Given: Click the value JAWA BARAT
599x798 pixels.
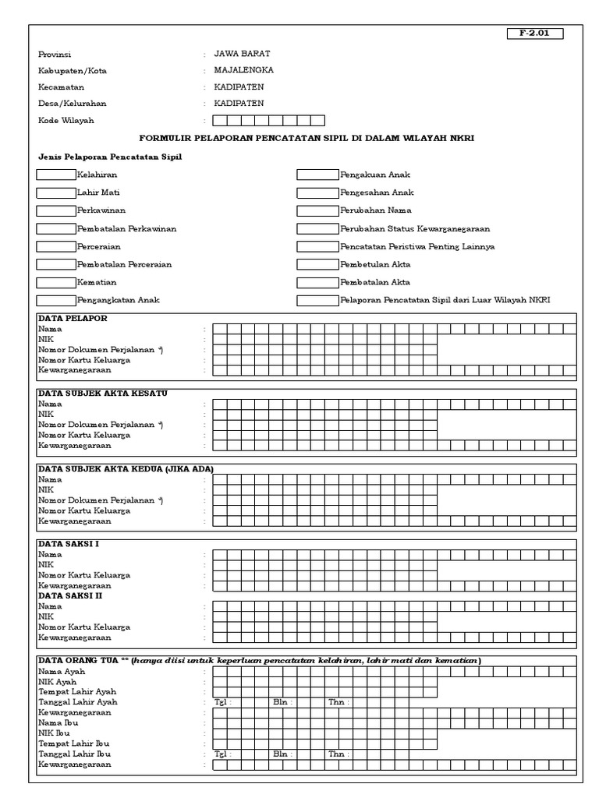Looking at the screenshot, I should click(x=242, y=54).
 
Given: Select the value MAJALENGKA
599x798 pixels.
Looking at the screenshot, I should click(x=243, y=70).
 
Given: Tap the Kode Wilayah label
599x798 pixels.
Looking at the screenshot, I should click(x=65, y=121).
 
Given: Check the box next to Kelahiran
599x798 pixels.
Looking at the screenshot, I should click(x=56, y=175).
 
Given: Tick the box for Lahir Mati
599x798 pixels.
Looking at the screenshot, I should click(x=56, y=192).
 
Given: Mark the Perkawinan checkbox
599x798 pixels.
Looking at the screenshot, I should click(x=56, y=210).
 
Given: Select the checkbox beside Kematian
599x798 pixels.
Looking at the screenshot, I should click(x=56, y=282).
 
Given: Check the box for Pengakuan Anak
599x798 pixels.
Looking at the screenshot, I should click(x=317, y=175).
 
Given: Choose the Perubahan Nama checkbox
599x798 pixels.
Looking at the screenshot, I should click(x=317, y=210).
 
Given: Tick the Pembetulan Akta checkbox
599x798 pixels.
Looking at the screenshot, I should click(x=317, y=264).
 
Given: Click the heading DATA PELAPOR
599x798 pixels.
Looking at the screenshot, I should click(x=73, y=318).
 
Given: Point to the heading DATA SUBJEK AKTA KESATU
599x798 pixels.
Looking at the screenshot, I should click(x=103, y=393).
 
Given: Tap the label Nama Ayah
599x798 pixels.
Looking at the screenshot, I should click(x=62, y=671).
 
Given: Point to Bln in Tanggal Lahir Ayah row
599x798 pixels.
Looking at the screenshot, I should click(x=281, y=702).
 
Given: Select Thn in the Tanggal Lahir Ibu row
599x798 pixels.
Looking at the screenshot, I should click(x=337, y=754).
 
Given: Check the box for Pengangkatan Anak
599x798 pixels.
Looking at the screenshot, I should click(x=56, y=300).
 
